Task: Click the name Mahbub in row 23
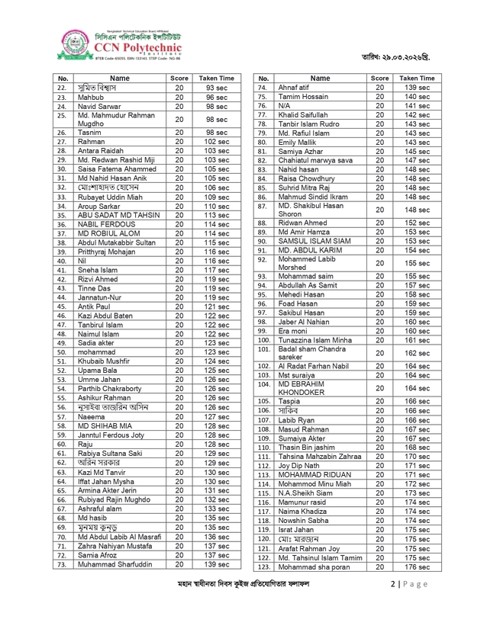(92, 98)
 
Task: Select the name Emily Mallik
(301, 142)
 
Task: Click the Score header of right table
(379, 78)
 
